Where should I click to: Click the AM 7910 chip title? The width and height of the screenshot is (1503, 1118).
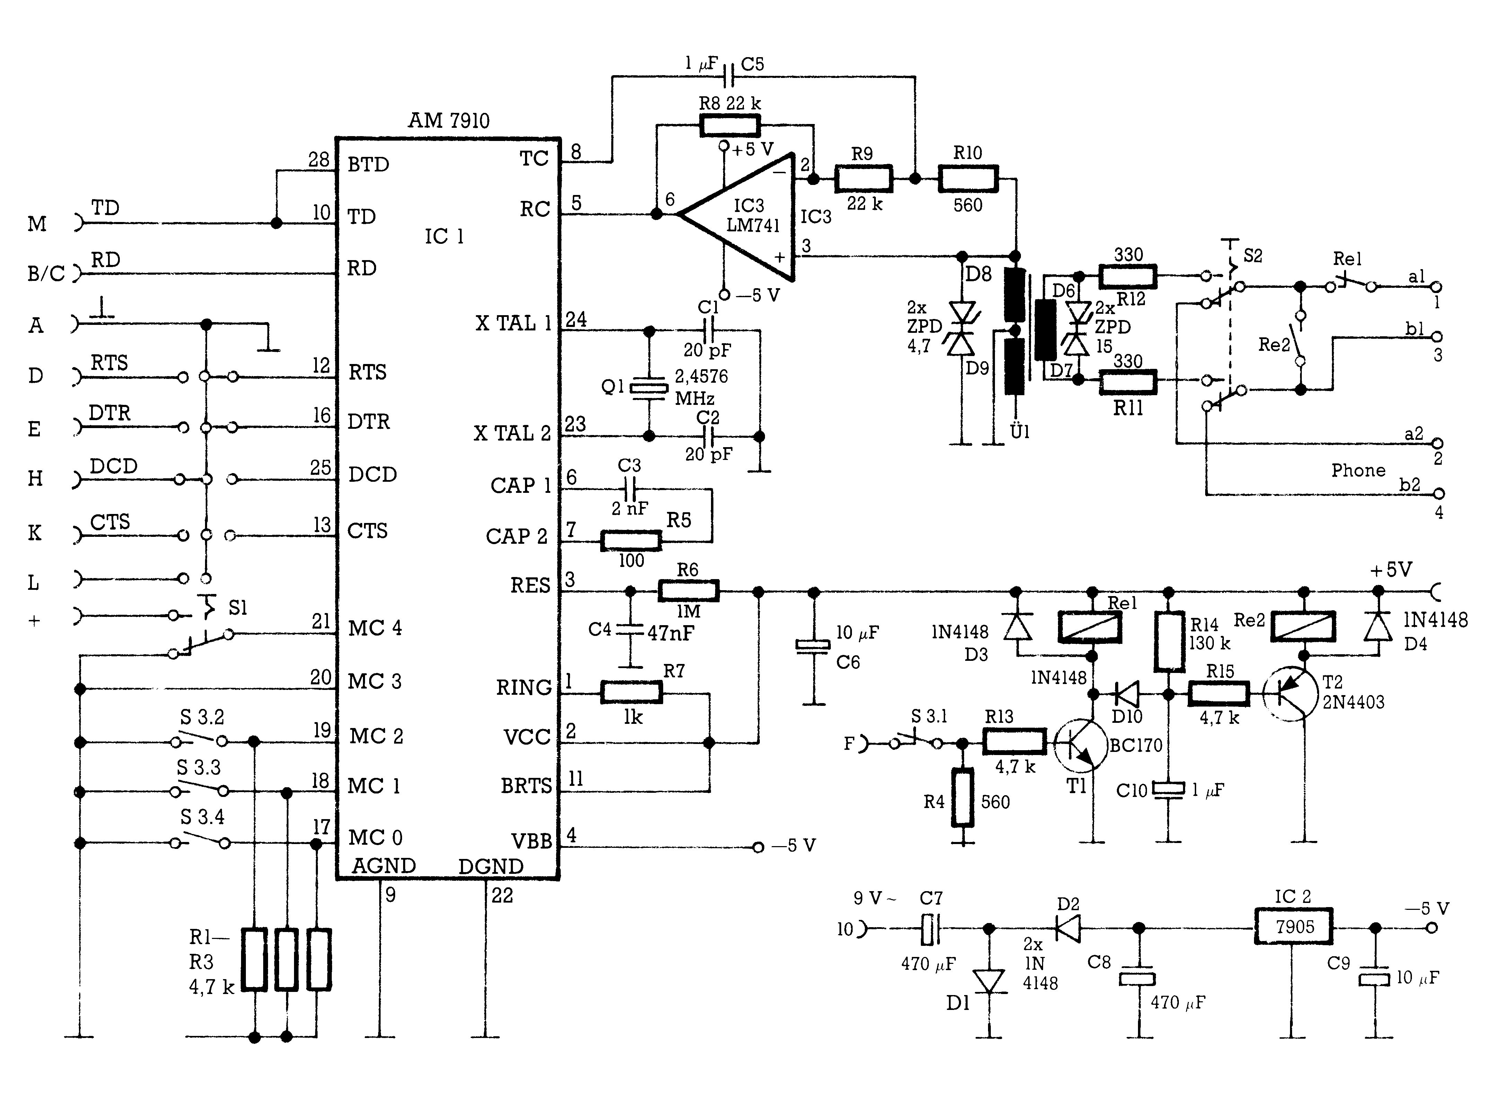coord(449,121)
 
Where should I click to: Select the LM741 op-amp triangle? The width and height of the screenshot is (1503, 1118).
coord(738,216)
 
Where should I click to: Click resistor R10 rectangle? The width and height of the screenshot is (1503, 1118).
coord(968,179)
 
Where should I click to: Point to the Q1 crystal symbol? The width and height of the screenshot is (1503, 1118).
coord(648,388)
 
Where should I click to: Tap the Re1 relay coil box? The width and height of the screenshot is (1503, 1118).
coord(1090,627)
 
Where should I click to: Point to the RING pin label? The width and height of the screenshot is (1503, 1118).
coord(524,687)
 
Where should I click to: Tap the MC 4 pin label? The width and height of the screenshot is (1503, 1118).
coord(375,628)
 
